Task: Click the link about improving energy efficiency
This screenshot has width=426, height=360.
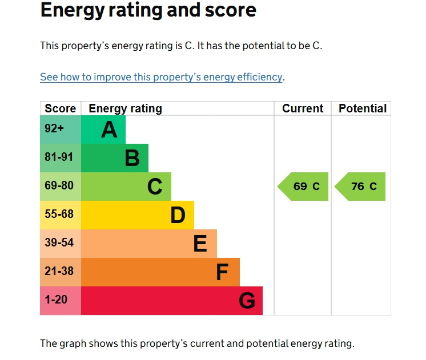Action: pos(162,77)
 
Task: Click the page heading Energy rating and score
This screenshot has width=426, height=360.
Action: pos(148,10)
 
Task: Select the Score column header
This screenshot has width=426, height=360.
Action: pos(60,108)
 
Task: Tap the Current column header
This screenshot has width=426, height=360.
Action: pos(303,108)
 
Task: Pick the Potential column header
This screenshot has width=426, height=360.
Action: pos(363,108)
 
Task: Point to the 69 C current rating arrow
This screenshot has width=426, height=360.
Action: pos(304,187)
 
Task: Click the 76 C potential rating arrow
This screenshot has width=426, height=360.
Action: pos(361,187)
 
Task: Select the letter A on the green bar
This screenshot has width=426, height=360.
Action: pos(109,130)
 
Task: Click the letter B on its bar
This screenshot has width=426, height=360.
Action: pos(132,158)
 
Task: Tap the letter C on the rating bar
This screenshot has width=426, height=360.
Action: pos(155,187)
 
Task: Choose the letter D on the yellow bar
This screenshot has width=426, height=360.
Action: pos(178,215)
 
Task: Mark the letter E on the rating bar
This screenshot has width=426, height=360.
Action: pos(200,244)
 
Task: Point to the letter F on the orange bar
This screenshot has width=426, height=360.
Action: pos(222,272)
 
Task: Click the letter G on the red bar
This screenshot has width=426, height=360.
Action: pos(247,301)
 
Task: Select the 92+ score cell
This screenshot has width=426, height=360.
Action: pos(55,129)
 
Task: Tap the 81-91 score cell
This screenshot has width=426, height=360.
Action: pos(59,157)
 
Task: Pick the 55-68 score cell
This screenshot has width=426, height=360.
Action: pos(59,215)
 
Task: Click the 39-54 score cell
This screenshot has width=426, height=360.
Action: pos(59,243)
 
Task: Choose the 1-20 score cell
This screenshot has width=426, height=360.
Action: pos(57,300)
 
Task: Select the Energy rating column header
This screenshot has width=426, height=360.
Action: pos(126,108)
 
